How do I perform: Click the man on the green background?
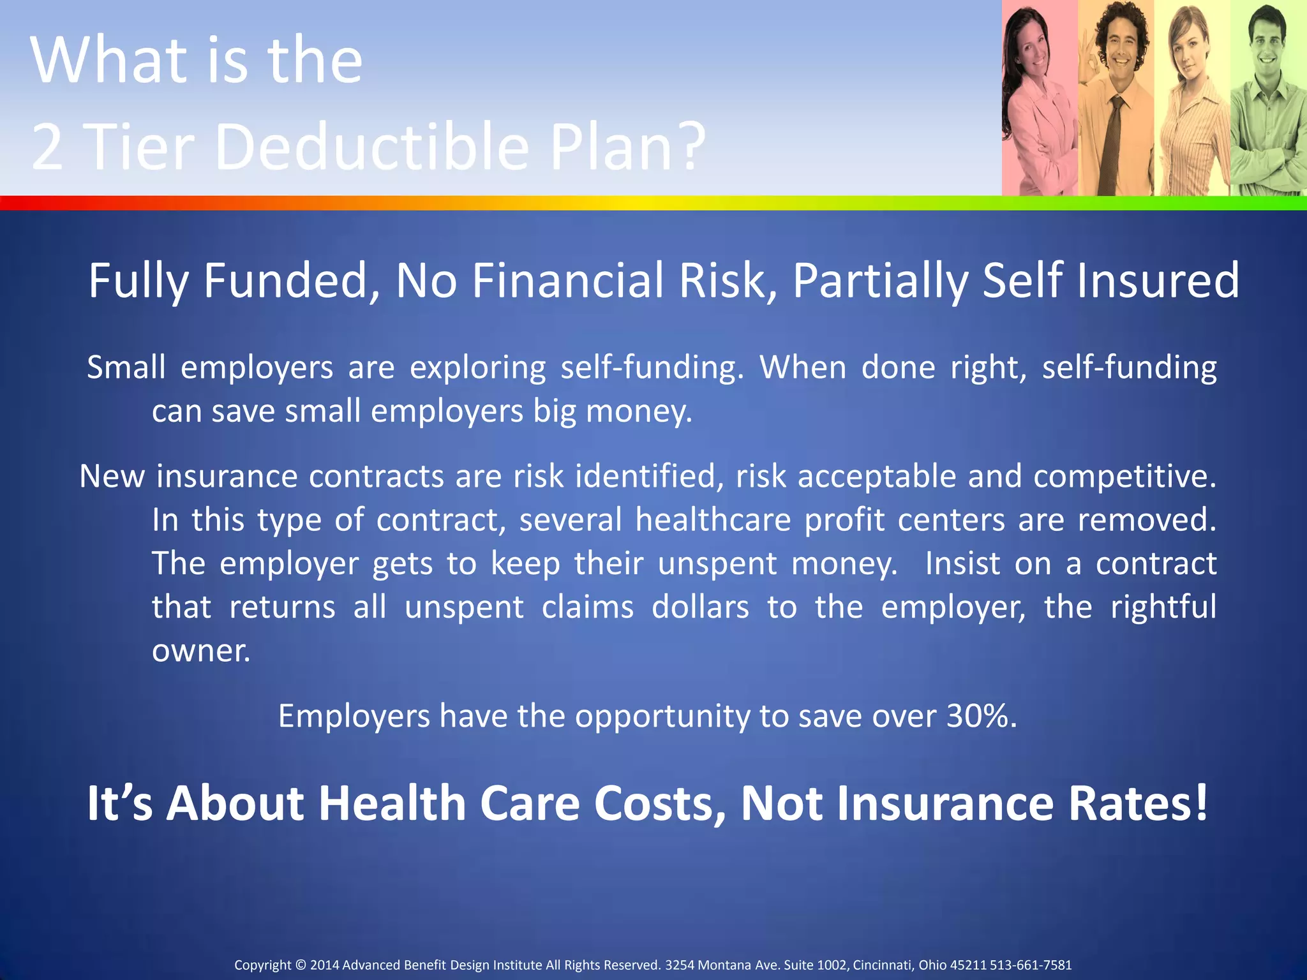(x=1269, y=102)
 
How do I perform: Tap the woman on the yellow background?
(x=1192, y=102)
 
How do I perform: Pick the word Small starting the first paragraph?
(x=126, y=368)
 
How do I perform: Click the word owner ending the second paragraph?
(x=200, y=651)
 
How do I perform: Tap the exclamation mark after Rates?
(x=1200, y=803)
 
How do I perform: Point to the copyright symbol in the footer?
(x=301, y=965)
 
